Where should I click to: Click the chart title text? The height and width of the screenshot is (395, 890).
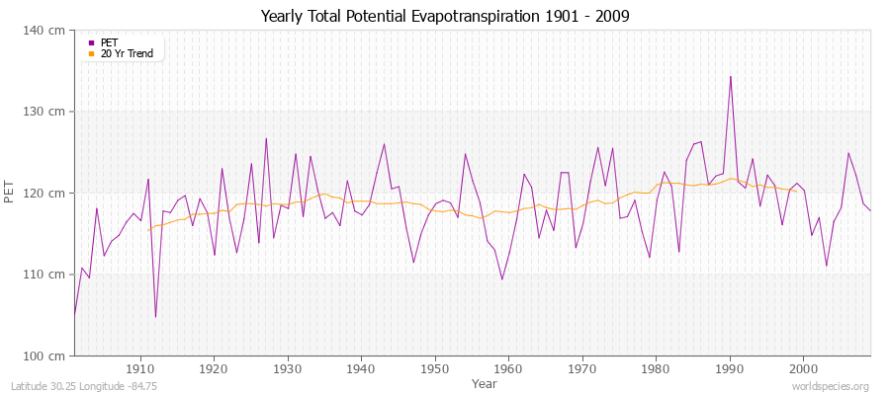point(445,16)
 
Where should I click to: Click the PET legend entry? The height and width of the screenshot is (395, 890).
point(109,42)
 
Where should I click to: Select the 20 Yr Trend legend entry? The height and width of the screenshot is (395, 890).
point(127,53)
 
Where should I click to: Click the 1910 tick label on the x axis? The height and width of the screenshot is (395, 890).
point(140,369)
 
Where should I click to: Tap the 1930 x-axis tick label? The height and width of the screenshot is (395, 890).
point(288,369)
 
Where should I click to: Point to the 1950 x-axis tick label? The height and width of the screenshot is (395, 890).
point(434,369)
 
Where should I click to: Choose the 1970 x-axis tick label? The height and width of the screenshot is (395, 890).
point(581,369)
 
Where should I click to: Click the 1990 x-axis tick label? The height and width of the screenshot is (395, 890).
point(729,369)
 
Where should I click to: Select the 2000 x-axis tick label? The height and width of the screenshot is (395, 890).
point(802,369)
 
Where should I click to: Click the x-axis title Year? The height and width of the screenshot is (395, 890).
point(485,382)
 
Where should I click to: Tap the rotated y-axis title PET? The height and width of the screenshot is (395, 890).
point(11,193)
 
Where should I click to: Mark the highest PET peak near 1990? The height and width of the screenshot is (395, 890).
point(731,77)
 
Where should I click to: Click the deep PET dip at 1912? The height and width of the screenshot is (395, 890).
point(155,317)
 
